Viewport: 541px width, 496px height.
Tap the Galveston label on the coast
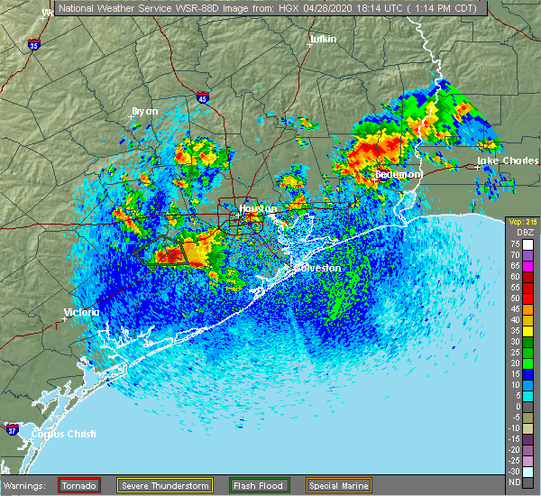click(321, 268)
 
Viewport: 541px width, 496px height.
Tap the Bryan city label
click(144, 111)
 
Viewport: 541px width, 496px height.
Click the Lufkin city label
click(322, 40)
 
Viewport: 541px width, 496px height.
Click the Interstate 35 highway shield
click(33, 44)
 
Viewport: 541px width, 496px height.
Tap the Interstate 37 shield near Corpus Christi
click(13, 427)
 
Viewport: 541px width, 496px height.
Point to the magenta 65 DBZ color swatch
click(529, 265)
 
